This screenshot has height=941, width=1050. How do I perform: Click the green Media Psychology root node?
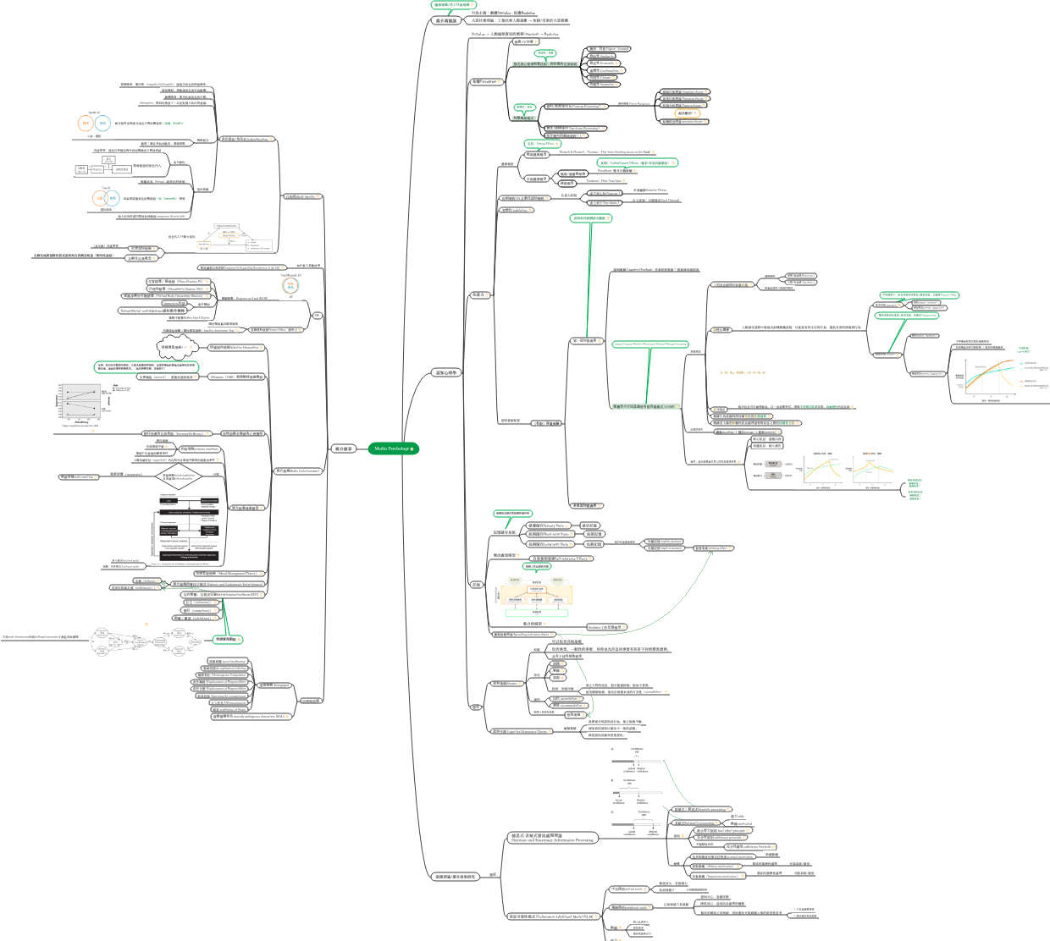coord(393,448)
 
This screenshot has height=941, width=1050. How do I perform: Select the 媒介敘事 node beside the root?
coord(344,448)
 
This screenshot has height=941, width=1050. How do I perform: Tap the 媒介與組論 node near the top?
coord(446,20)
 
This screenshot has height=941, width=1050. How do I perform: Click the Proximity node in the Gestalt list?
coord(602,63)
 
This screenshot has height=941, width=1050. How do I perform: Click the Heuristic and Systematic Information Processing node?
coord(552,839)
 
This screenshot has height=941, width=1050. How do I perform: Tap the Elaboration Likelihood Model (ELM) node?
coord(550,916)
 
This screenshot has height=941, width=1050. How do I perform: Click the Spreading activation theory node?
coord(521,634)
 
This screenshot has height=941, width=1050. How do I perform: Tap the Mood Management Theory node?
coord(225,574)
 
